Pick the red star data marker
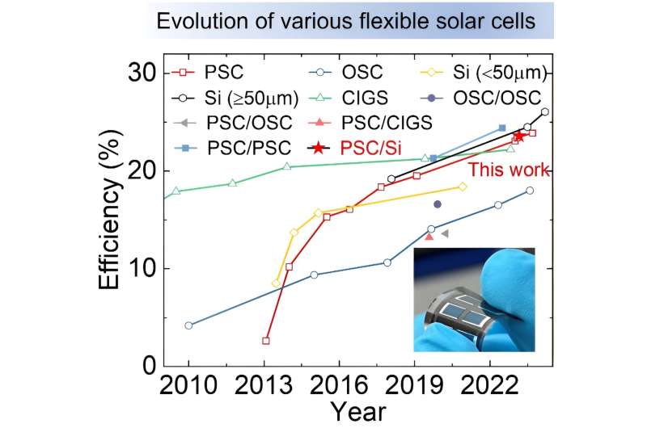click(x=519, y=136)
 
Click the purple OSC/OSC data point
click(x=438, y=204)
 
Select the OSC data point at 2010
click(x=188, y=325)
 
